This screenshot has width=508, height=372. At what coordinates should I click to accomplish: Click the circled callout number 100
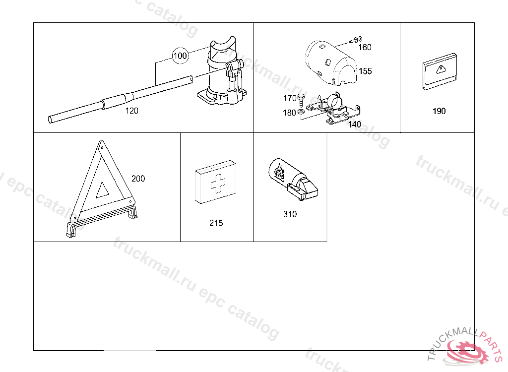point(180,56)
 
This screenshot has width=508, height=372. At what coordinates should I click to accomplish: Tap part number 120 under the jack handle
point(131,111)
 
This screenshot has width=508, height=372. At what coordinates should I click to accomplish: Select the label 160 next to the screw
point(365,47)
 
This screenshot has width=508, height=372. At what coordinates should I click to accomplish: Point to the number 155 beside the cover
point(365,71)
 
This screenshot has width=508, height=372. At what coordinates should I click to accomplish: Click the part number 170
point(290,98)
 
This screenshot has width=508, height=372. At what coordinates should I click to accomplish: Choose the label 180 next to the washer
point(289,113)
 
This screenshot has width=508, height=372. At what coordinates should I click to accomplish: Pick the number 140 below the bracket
point(354,124)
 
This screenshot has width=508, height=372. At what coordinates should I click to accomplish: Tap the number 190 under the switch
point(439,111)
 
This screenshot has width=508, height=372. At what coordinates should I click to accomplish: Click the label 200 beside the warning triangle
point(138,179)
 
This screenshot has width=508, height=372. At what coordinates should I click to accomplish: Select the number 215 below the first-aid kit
point(216,223)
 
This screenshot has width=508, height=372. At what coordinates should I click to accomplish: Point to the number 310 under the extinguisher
point(290,214)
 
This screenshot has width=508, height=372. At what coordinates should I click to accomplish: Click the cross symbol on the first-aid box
point(218,184)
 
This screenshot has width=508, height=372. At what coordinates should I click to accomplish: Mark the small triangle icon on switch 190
point(441,69)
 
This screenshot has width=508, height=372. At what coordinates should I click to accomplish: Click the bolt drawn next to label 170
point(301,100)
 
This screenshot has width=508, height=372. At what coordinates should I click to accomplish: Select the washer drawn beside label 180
point(301,112)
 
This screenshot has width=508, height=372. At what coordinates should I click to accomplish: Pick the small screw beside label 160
point(356,40)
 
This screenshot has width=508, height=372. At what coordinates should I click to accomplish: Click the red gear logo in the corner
point(467,352)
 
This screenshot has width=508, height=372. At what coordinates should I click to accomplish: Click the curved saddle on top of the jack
point(223,44)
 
